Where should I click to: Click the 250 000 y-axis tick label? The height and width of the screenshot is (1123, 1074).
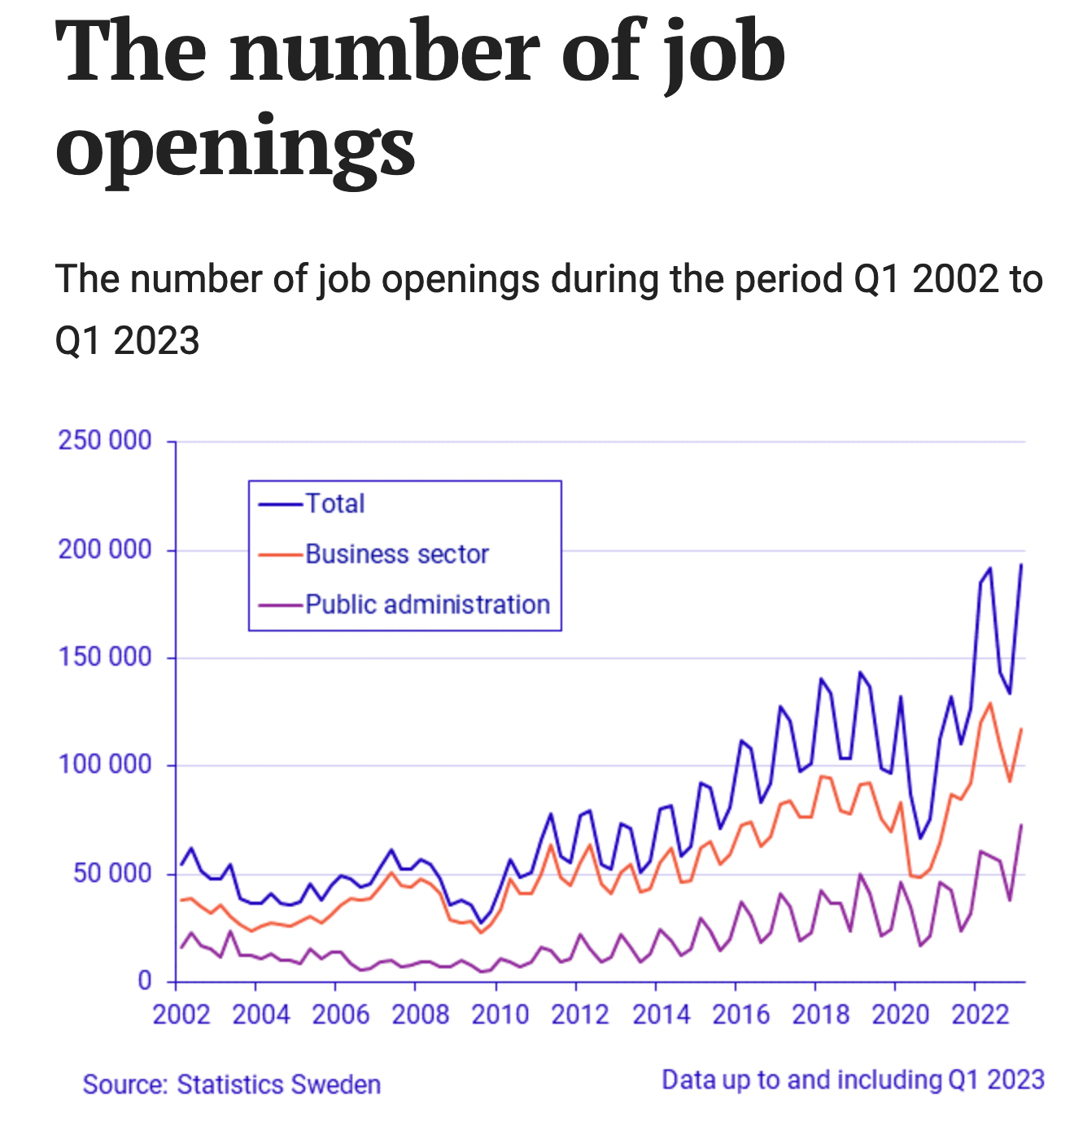(105, 440)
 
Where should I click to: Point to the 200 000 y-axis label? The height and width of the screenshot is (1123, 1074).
(105, 549)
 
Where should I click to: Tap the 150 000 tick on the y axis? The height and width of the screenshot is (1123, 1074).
(105, 657)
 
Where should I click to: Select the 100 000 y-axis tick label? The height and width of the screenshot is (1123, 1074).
(105, 765)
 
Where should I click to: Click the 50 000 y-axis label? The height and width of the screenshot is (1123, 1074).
(112, 873)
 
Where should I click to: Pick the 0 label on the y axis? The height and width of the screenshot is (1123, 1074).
(145, 981)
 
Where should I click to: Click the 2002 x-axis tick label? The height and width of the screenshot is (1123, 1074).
(181, 1015)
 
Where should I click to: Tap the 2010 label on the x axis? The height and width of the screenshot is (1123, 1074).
(500, 1015)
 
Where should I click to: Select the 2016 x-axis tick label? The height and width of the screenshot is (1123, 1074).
(740, 1015)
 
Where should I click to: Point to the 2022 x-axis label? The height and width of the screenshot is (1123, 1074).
(980, 1015)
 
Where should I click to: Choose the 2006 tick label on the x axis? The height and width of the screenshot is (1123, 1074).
(341, 1015)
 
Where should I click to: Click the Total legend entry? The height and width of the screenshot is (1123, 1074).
(334, 504)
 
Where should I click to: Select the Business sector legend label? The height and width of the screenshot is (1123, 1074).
(397, 554)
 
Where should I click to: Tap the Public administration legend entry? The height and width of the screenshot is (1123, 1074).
(427, 605)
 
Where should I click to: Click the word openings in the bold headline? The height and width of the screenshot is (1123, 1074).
(235, 146)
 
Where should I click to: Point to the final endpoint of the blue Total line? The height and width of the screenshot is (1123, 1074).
(1021, 564)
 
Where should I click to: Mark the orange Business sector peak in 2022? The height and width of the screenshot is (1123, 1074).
(989, 703)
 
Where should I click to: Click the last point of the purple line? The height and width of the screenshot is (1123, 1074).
(1021, 825)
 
